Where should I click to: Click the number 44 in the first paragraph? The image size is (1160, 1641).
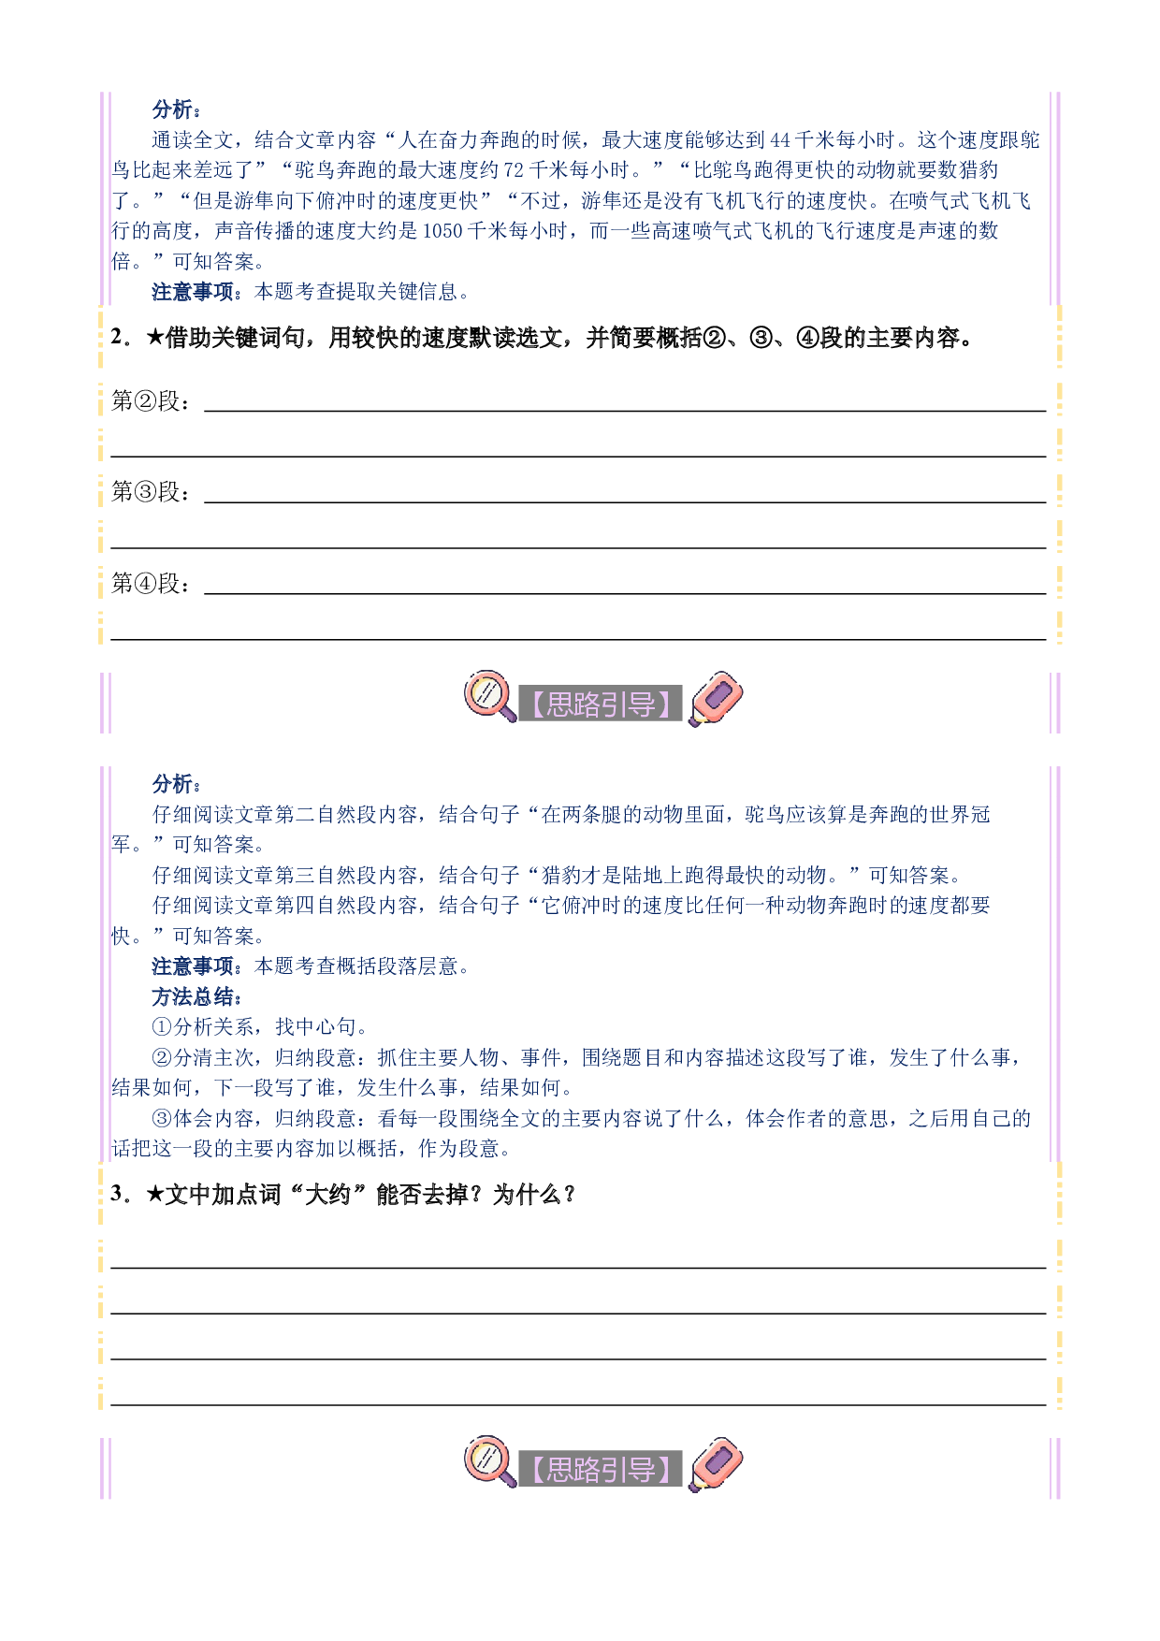coord(780,140)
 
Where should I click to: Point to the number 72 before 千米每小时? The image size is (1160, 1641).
coord(514,170)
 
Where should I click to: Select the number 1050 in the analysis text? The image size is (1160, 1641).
coord(443,231)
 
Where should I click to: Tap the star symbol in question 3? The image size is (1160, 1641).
coord(155,1195)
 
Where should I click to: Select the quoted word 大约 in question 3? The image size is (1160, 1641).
coord(328,1195)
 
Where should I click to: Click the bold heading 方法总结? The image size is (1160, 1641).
coord(194,996)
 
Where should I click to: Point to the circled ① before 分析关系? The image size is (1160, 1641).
coord(162,1027)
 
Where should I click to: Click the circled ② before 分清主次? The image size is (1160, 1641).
coord(162,1058)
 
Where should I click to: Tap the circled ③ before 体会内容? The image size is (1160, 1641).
coord(162,1119)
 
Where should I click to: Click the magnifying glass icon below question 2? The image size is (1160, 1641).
coord(489,696)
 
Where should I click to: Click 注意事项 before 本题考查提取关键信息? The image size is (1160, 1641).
coord(193,292)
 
